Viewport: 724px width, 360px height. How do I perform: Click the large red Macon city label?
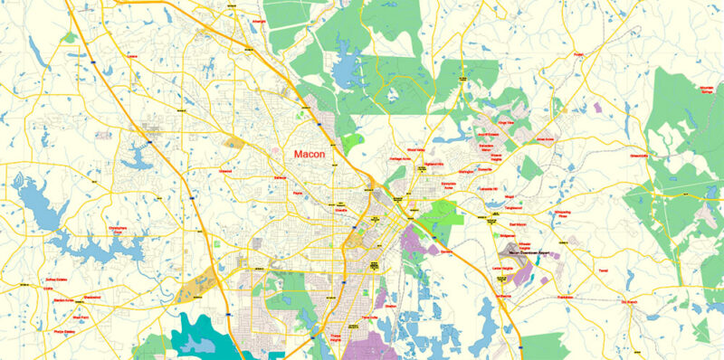tap(310, 155)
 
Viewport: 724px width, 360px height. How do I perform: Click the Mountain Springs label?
tap(689, 90)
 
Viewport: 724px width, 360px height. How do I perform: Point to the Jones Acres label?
tap(545, 139)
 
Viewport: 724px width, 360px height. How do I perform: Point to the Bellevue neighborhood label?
tap(279, 178)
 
